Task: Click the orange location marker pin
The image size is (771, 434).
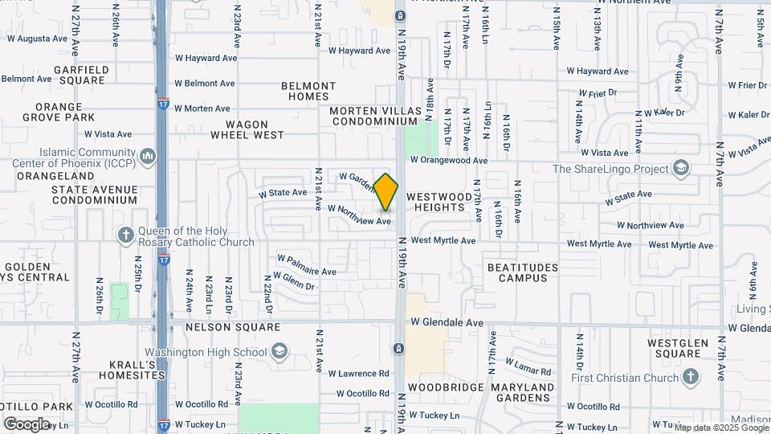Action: (x=386, y=192)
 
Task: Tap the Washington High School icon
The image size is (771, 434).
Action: (x=278, y=352)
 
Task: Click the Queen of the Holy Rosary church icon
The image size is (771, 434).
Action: (x=125, y=235)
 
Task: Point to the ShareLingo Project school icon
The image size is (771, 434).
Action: (x=681, y=169)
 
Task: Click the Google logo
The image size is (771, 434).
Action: (x=27, y=424)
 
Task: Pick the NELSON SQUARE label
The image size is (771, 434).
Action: (x=233, y=327)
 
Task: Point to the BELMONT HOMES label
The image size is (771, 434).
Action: (x=308, y=91)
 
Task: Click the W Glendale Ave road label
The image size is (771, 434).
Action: (x=447, y=322)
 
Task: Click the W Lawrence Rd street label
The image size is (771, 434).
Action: (x=358, y=374)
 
